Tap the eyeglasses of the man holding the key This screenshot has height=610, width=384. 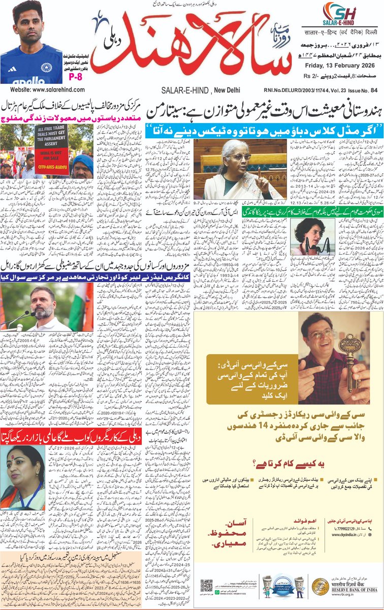pyautogui.click(x=318, y=334)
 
